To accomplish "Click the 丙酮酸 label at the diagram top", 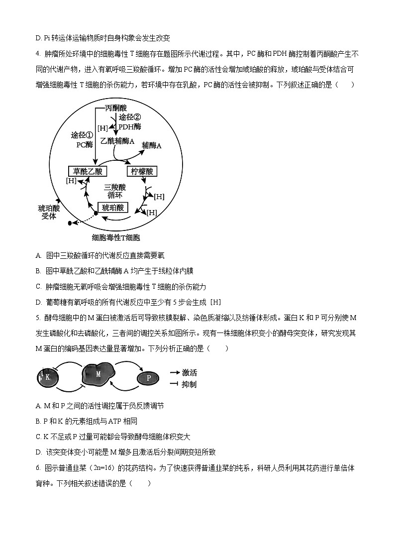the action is coord(116,108).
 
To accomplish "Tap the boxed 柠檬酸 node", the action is coord(142,172).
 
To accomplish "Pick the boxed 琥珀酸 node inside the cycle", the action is coord(113,208).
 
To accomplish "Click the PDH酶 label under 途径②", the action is coord(129,126).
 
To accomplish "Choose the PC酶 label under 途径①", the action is coord(85,145).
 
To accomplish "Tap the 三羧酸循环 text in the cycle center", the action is coord(115,191).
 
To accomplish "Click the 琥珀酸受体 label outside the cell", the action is coord(49,213).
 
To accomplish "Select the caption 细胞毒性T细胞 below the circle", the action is coord(116,238).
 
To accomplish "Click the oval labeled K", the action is coord(48,377).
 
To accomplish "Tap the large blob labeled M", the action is coord(98,374).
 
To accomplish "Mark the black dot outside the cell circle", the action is coord(70,223).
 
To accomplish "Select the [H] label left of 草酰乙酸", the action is coord(71,180).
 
